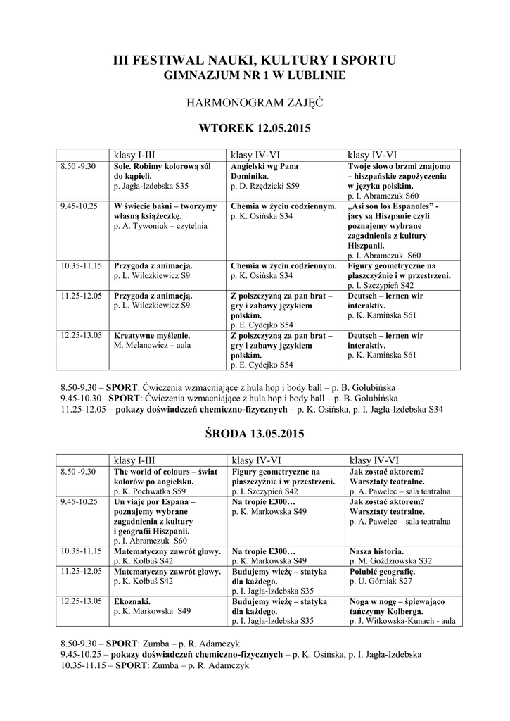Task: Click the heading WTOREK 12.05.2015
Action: tap(255, 129)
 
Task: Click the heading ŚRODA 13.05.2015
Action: tap(255, 434)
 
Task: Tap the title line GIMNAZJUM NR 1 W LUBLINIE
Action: tap(255, 75)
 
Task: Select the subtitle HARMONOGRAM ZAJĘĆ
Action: tap(255, 103)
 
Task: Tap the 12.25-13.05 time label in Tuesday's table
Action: tap(81, 336)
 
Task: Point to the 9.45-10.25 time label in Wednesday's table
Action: tap(79, 501)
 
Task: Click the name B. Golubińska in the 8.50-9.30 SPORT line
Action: tap(371, 387)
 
